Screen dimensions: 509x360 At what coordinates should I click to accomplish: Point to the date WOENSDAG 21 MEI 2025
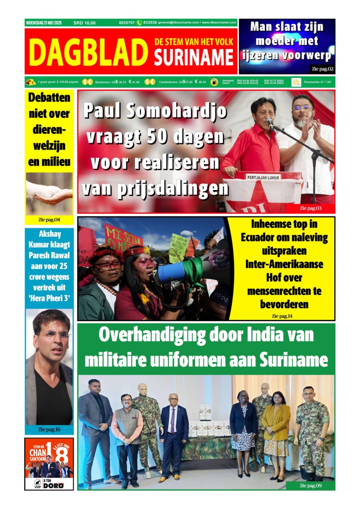tap(44, 23)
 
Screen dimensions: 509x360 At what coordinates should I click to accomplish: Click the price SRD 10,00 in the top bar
tap(84, 23)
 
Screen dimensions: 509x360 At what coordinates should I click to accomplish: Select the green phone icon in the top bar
tap(139, 23)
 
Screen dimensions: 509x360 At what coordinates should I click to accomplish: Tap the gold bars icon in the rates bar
tap(31, 82)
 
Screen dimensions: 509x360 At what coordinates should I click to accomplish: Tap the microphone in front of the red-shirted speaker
tap(270, 123)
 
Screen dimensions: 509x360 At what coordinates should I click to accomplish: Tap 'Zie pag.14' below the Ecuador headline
tap(282, 316)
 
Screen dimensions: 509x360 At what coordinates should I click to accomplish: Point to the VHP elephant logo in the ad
tap(38, 483)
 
